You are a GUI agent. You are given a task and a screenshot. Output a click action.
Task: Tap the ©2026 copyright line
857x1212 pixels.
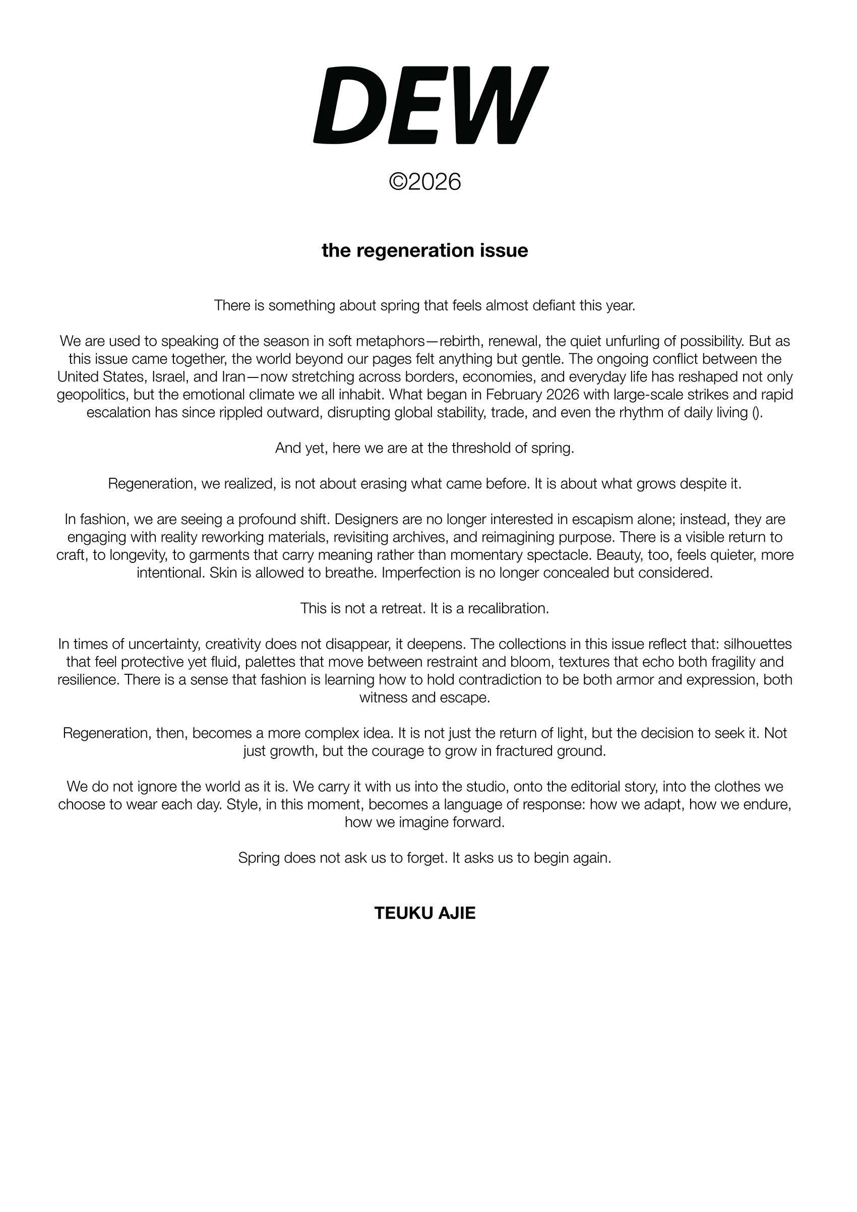click(x=424, y=182)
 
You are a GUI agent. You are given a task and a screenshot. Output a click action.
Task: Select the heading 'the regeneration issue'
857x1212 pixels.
click(x=424, y=250)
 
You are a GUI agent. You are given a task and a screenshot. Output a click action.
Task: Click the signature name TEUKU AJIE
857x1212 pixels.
click(x=424, y=913)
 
